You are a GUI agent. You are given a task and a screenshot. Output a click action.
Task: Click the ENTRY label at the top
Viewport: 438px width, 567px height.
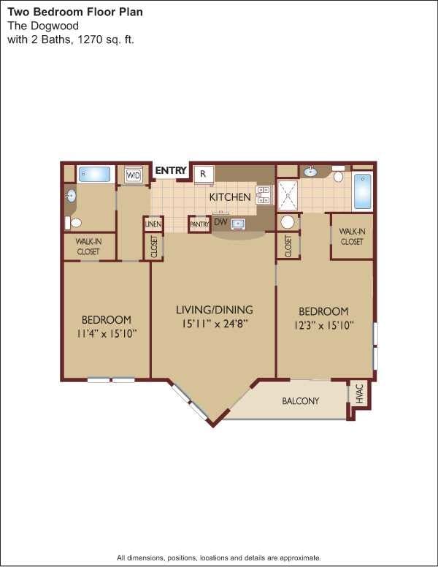click(171, 171)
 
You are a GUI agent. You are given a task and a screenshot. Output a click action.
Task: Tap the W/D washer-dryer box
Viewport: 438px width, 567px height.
click(134, 175)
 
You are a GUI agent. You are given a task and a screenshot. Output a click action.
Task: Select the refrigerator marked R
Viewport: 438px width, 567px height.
click(204, 175)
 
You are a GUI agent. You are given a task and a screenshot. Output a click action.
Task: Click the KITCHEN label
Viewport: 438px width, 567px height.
click(230, 197)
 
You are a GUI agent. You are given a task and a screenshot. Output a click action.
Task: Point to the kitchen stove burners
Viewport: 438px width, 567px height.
click(264, 194)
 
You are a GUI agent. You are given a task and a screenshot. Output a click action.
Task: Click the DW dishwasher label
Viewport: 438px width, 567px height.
click(218, 222)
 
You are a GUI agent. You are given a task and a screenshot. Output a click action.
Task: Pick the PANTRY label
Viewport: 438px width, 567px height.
click(199, 224)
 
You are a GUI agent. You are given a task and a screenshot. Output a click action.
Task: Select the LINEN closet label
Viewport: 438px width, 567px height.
click(153, 224)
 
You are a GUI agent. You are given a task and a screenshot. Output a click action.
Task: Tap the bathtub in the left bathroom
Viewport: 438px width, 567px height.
click(94, 174)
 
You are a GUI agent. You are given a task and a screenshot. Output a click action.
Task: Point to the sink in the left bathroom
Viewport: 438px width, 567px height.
click(71, 196)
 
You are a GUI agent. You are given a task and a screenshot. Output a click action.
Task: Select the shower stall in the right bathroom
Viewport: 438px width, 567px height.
click(288, 195)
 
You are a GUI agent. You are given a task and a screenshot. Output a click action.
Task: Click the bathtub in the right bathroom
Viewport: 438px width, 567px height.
click(362, 191)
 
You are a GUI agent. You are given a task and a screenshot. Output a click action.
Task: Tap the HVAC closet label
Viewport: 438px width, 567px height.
click(359, 394)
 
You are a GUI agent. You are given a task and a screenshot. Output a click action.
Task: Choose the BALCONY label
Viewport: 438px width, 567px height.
click(301, 401)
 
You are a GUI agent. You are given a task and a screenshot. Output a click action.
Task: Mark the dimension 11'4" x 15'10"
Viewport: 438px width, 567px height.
click(106, 333)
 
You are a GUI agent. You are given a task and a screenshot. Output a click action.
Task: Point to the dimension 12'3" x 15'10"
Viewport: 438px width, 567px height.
click(323, 326)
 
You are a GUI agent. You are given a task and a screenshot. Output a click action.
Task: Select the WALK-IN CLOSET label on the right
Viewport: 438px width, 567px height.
click(352, 236)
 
